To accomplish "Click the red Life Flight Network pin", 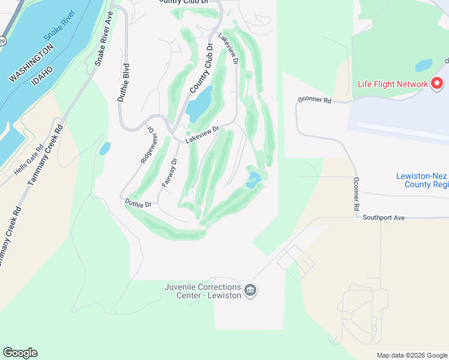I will (437, 83).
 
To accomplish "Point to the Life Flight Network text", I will (392, 84).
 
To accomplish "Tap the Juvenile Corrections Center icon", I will (251, 292).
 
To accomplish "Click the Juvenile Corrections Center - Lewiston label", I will (203, 290).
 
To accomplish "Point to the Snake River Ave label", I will (104, 38).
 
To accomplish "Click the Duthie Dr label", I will (138, 205).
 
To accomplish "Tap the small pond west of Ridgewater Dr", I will (105, 148).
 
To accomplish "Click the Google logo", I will (20, 353).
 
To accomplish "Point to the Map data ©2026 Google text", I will (411, 355).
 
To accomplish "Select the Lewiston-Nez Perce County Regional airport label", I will (422, 180).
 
